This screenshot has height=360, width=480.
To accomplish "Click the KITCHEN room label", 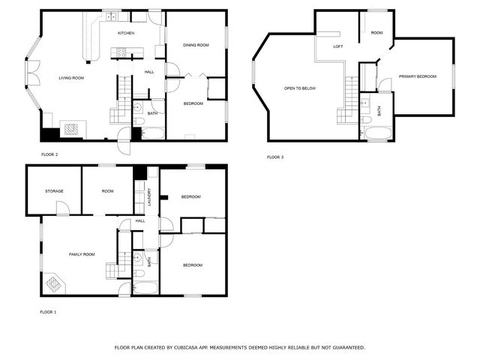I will pos(126,34).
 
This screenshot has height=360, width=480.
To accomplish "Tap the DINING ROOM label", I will pos(196,45).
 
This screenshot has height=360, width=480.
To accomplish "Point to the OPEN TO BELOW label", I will pos(299,88).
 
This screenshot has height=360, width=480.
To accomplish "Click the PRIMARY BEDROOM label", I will pos(417,76).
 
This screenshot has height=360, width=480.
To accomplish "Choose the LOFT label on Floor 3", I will pos(338,46).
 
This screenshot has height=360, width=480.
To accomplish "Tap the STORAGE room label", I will pos(53,191).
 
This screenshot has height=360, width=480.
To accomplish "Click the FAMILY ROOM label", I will pos(82,254).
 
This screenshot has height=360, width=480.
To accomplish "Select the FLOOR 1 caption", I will pos(49,311).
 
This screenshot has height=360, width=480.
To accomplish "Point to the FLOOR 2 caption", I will pos(49,154).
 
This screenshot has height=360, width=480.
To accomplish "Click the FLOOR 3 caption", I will pos(276,157).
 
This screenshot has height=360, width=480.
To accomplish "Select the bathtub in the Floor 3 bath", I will pos(377,134).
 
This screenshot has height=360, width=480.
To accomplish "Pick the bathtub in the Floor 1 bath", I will pos(145,287).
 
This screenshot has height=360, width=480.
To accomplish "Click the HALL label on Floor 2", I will pos(148,72).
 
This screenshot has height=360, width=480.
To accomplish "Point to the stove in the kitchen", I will pos(121,52).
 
